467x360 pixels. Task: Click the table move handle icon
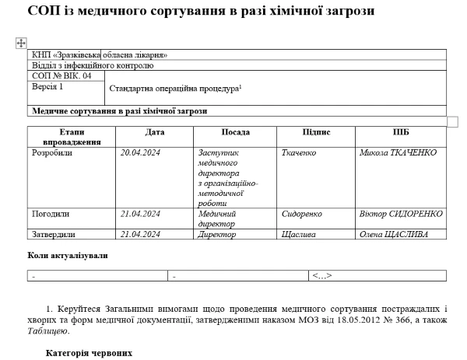click(21, 43)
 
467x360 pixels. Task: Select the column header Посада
click(235, 132)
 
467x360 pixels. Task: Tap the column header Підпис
click(316, 132)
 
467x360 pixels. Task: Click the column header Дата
click(155, 132)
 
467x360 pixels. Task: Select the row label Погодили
click(51, 213)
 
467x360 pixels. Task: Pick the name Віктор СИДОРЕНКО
click(401, 213)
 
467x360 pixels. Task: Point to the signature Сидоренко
click(300, 213)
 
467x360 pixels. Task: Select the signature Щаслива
click(297, 234)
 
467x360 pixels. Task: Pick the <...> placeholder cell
click(321, 275)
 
